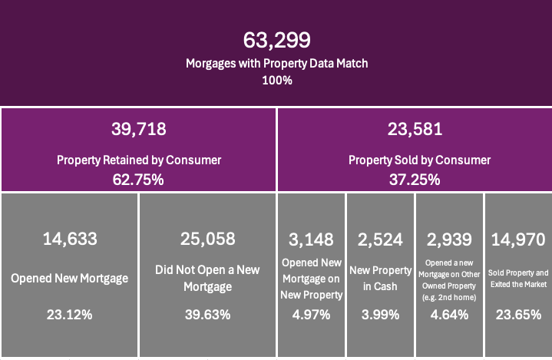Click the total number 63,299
coord(276,40)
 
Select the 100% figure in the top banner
coord(276,79)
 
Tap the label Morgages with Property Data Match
coord(276,63)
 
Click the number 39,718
coord(138,129)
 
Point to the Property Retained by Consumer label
coord(138,160)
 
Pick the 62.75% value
coord(138,180)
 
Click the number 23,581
coord(415,129)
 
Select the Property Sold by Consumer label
coord(415,160)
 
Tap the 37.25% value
coord(415,180)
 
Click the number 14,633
coord(69,239)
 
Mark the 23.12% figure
coord(69,314)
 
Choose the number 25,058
coord(207,239)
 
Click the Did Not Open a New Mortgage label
coord(207,278)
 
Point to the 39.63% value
coord(207,314)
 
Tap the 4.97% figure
coord(311,314)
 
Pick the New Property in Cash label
coord(380,278)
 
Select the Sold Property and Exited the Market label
coord(519,278)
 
